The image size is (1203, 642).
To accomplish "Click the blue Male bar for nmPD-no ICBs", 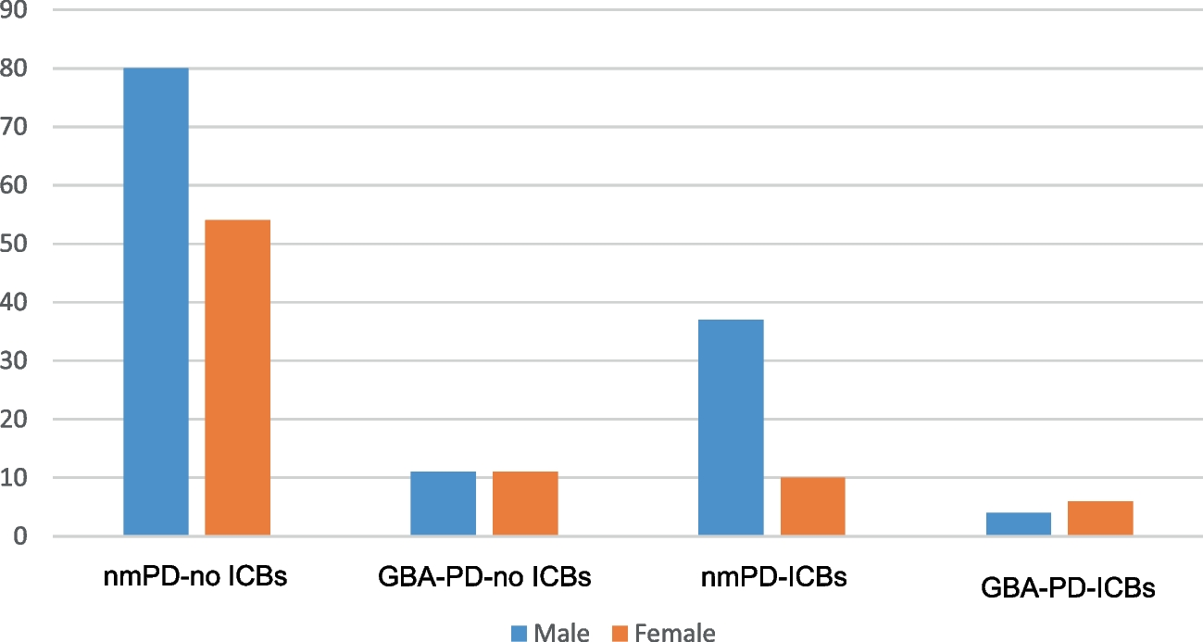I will point(156,302).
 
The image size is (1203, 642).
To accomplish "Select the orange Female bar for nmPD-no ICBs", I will point(237,378).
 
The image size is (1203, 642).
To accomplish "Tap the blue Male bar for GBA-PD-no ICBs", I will point(443,504).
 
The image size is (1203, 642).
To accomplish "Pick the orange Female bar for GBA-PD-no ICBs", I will point(525,504).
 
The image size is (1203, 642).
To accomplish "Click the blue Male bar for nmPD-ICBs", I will point(731,428).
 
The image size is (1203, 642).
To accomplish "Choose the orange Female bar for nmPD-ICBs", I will point(812,507).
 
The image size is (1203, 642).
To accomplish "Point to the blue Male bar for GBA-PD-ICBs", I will point(1018,524).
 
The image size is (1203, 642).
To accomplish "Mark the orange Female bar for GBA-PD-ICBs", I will point(1100,519).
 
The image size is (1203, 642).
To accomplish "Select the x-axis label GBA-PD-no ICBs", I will point(483,578).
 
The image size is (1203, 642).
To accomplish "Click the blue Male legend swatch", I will point(519,633).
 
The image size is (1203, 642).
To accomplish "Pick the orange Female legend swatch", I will point(620,633).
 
